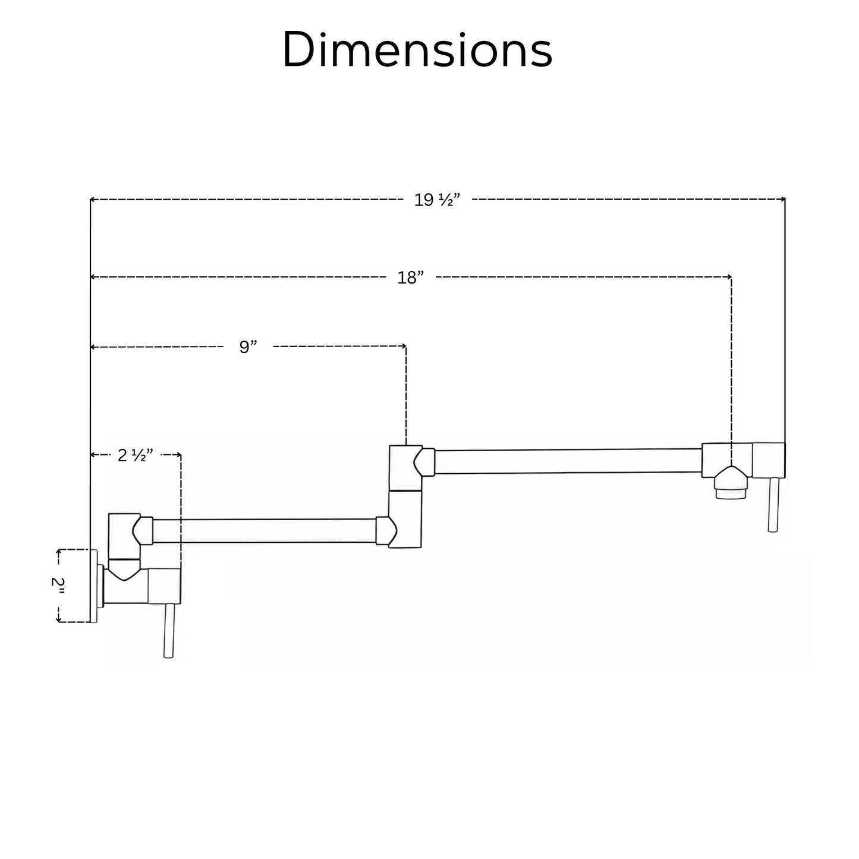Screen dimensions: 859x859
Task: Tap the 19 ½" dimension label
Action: pos(437,200)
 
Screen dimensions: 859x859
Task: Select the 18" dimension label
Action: pos(411,277)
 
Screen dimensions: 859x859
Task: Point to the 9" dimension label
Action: pos(248,347)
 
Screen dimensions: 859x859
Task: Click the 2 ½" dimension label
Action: pos(136,455)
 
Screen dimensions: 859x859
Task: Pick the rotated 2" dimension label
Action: pos(58,586)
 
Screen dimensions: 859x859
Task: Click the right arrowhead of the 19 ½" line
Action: pos(783,199)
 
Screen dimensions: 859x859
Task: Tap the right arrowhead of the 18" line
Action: pos(729,277)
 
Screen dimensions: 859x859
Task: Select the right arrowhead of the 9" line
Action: pos(404,346)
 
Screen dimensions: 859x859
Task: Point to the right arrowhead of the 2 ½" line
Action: pos(179,455)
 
